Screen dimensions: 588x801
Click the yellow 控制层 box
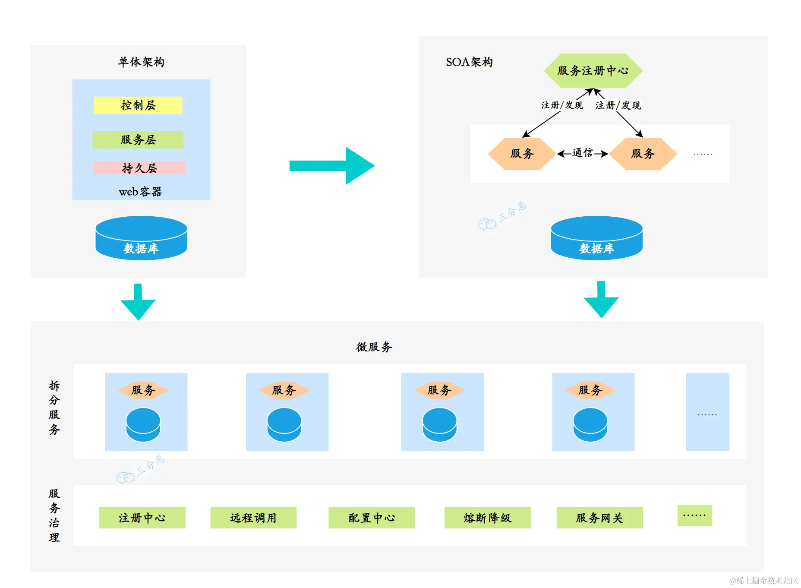click(x=138, y=105)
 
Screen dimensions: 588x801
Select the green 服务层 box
click(x=138, y=140)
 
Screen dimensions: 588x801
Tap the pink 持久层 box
click(x=139, y=168)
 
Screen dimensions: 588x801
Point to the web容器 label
click(x=140, y=192)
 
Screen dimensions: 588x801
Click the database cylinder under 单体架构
click(x=141, y=238)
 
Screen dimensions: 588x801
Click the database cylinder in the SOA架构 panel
click(x=596, y=238)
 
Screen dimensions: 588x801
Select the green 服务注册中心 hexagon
click(x=593, y=71)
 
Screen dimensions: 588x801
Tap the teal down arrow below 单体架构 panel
click(x=138, y=302)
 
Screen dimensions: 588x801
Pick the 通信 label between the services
click(x=582, y=153)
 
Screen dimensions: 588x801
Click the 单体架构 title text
click(x=141, y=62)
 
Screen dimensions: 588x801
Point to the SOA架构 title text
click(x=469, y=62)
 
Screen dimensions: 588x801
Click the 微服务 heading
click(x=374, y=347)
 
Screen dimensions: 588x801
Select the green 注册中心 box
click(x=142, y=518)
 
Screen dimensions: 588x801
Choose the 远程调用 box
click(x=253, y=518)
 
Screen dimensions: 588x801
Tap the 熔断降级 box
click(x=487, y=518)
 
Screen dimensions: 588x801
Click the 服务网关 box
click(x=599, y=518)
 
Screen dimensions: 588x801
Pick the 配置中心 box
click(x=371, y=518)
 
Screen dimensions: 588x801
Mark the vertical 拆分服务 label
click(x=54, y=408)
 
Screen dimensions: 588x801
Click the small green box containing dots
click(x=694, y=515)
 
